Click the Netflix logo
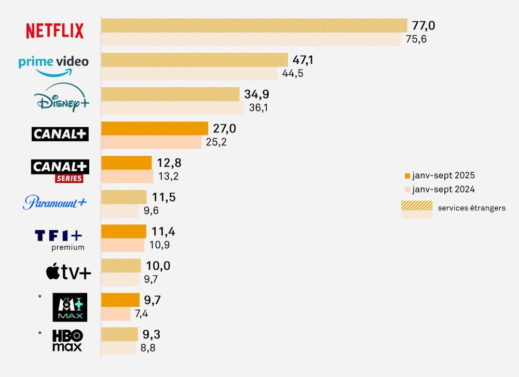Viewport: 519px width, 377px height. pyautogui.click(x=55, y=31)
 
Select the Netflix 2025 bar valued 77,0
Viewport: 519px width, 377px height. pyautogui.click(x=254, y=25)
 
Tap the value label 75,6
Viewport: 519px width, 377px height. pyautogui.click(x=416, y=39)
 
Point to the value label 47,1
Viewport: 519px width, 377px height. pyautogui.click(x=303, y=60)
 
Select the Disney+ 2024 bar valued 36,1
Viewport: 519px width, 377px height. pyautogui.click(x=172, y=107)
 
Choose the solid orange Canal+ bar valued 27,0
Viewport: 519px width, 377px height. pyautogui.click(x=154, y=128)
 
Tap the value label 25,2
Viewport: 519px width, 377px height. pyautogui.click(x=216, y=142)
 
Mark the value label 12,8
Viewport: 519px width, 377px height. pyautogui.click(x=169, y=163)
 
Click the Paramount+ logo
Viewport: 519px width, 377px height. pyautogui.click(x=54, y=202)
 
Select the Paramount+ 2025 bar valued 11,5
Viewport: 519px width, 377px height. pyautogui.click(x=124, y=197)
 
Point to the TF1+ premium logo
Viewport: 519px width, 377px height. pyautogui.click(x=59, y=239)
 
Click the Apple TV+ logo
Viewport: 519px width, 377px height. pyautogui.click(x=68, y=272)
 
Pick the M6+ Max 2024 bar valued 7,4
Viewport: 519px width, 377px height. pyautogui.click(x=115, y=314)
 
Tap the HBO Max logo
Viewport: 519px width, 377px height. pyautogui.click(x=67, y=340)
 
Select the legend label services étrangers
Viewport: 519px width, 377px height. pyautogui.click(x=471, y=208)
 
